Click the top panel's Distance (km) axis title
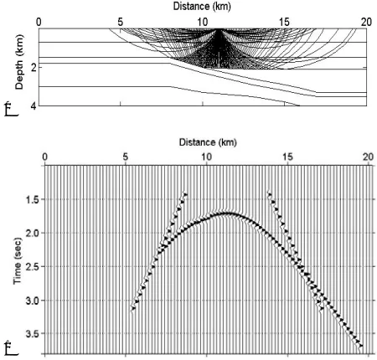[202, 6]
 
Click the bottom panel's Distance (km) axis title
[208, 142]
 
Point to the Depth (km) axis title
[19, 62]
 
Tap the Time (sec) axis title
[18, 260]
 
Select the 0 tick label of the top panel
[39, 22]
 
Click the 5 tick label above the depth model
[121, 22]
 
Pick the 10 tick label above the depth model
[202, 22]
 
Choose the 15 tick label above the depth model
[284, 22]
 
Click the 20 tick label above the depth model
[366, 22]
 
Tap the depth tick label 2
[34, 67]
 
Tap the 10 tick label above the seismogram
[206, 157]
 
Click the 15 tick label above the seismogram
[287, 157]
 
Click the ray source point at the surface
[219, 29]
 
